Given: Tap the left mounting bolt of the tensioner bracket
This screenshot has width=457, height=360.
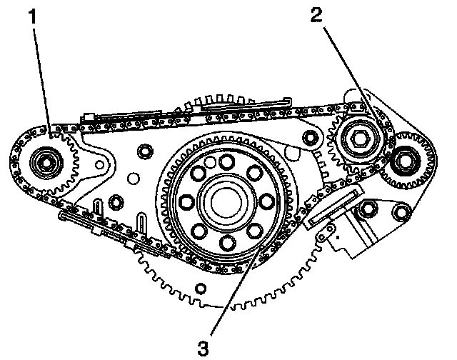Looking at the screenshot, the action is click(x=368, y=210).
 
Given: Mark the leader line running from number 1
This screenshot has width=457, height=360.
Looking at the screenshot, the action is click(x=41, y=79).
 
